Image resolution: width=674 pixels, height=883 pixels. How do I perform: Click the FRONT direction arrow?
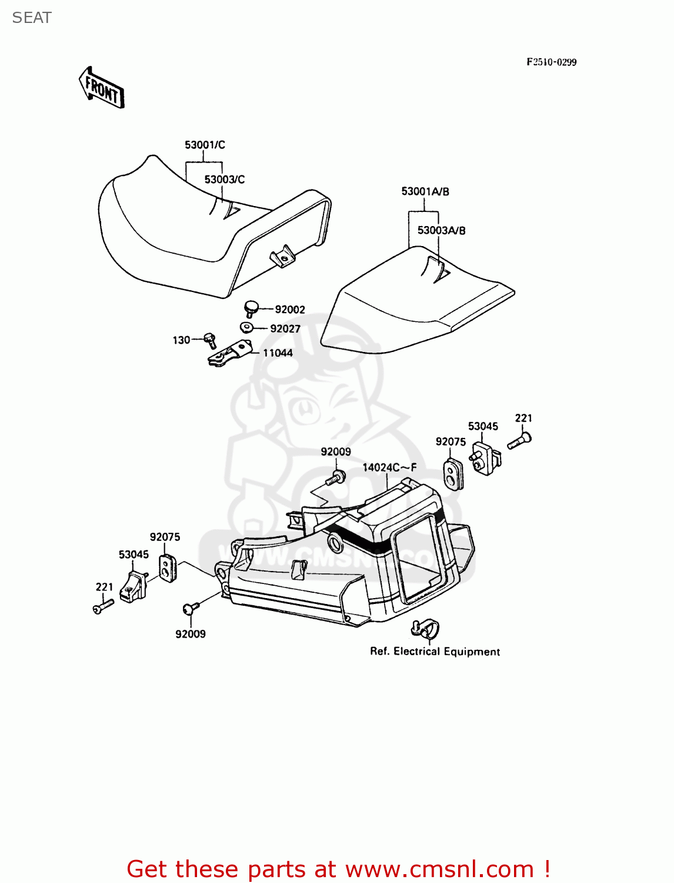[x=102, y=88]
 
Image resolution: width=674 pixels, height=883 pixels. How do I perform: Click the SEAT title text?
[x=32, y=18]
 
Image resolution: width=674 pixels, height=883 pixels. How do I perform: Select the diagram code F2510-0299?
[x=551, y=62]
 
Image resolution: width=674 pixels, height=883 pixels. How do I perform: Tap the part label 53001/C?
[x=205, y=145]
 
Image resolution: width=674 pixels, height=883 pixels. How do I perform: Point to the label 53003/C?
[x=225, y=180]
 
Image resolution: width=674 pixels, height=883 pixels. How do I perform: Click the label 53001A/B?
[x=425, y=191]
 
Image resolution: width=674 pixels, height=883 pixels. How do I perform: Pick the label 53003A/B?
[x=441, y=230]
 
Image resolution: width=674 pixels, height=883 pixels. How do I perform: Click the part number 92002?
[x=290, y=310]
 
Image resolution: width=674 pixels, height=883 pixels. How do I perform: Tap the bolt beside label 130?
[x=210, y=340]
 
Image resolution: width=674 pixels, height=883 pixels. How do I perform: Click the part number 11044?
[x=278, y=353]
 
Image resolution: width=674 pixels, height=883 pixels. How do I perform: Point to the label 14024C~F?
[x=389, y=467]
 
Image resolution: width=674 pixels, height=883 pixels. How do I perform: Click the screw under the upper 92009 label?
[x=337, y=477]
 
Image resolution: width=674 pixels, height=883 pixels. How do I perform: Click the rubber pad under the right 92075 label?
[x=452, y=474]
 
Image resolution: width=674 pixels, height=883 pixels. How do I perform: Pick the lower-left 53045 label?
[x=134, y=555]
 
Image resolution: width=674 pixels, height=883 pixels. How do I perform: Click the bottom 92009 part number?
[x=191, y=634]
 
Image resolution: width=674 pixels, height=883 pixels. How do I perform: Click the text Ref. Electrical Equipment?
[x=435, y=652]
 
